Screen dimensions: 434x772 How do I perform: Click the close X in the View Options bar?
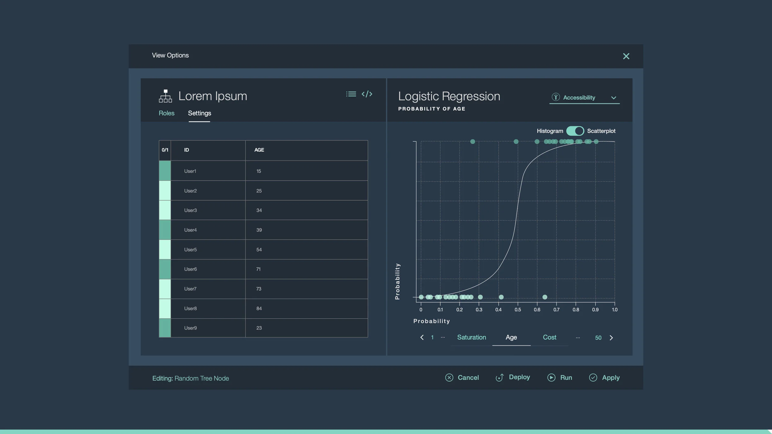tap(626, 56)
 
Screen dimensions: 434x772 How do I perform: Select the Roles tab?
tap(166, 113)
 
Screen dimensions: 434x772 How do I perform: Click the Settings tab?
tap(199, 113)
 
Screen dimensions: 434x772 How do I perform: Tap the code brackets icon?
tap(367, 94)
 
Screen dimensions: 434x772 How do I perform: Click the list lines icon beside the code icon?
tap(351, 94)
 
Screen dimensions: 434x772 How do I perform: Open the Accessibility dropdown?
tap(584, 98)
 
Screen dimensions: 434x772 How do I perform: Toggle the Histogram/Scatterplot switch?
tap(575, 131)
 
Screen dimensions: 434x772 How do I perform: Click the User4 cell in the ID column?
tap(191, 230)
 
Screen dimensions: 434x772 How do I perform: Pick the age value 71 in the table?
tap(258, 269)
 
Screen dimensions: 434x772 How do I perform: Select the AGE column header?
tap(259, 150)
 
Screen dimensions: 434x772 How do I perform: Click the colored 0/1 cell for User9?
tap(165, 328)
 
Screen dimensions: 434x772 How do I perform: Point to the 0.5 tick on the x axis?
tap(518, 310)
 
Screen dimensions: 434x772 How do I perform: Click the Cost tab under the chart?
tap(549, 337)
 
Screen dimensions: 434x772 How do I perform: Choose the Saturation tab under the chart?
tap(471, 337)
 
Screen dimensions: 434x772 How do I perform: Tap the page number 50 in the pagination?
tap(598, 338)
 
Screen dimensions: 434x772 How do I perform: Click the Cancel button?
tap(462, 378)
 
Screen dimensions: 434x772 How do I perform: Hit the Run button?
tap(560, 378)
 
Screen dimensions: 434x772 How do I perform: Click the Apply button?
tap(604, 378)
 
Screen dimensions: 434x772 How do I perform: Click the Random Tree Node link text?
tap(202, 378)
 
